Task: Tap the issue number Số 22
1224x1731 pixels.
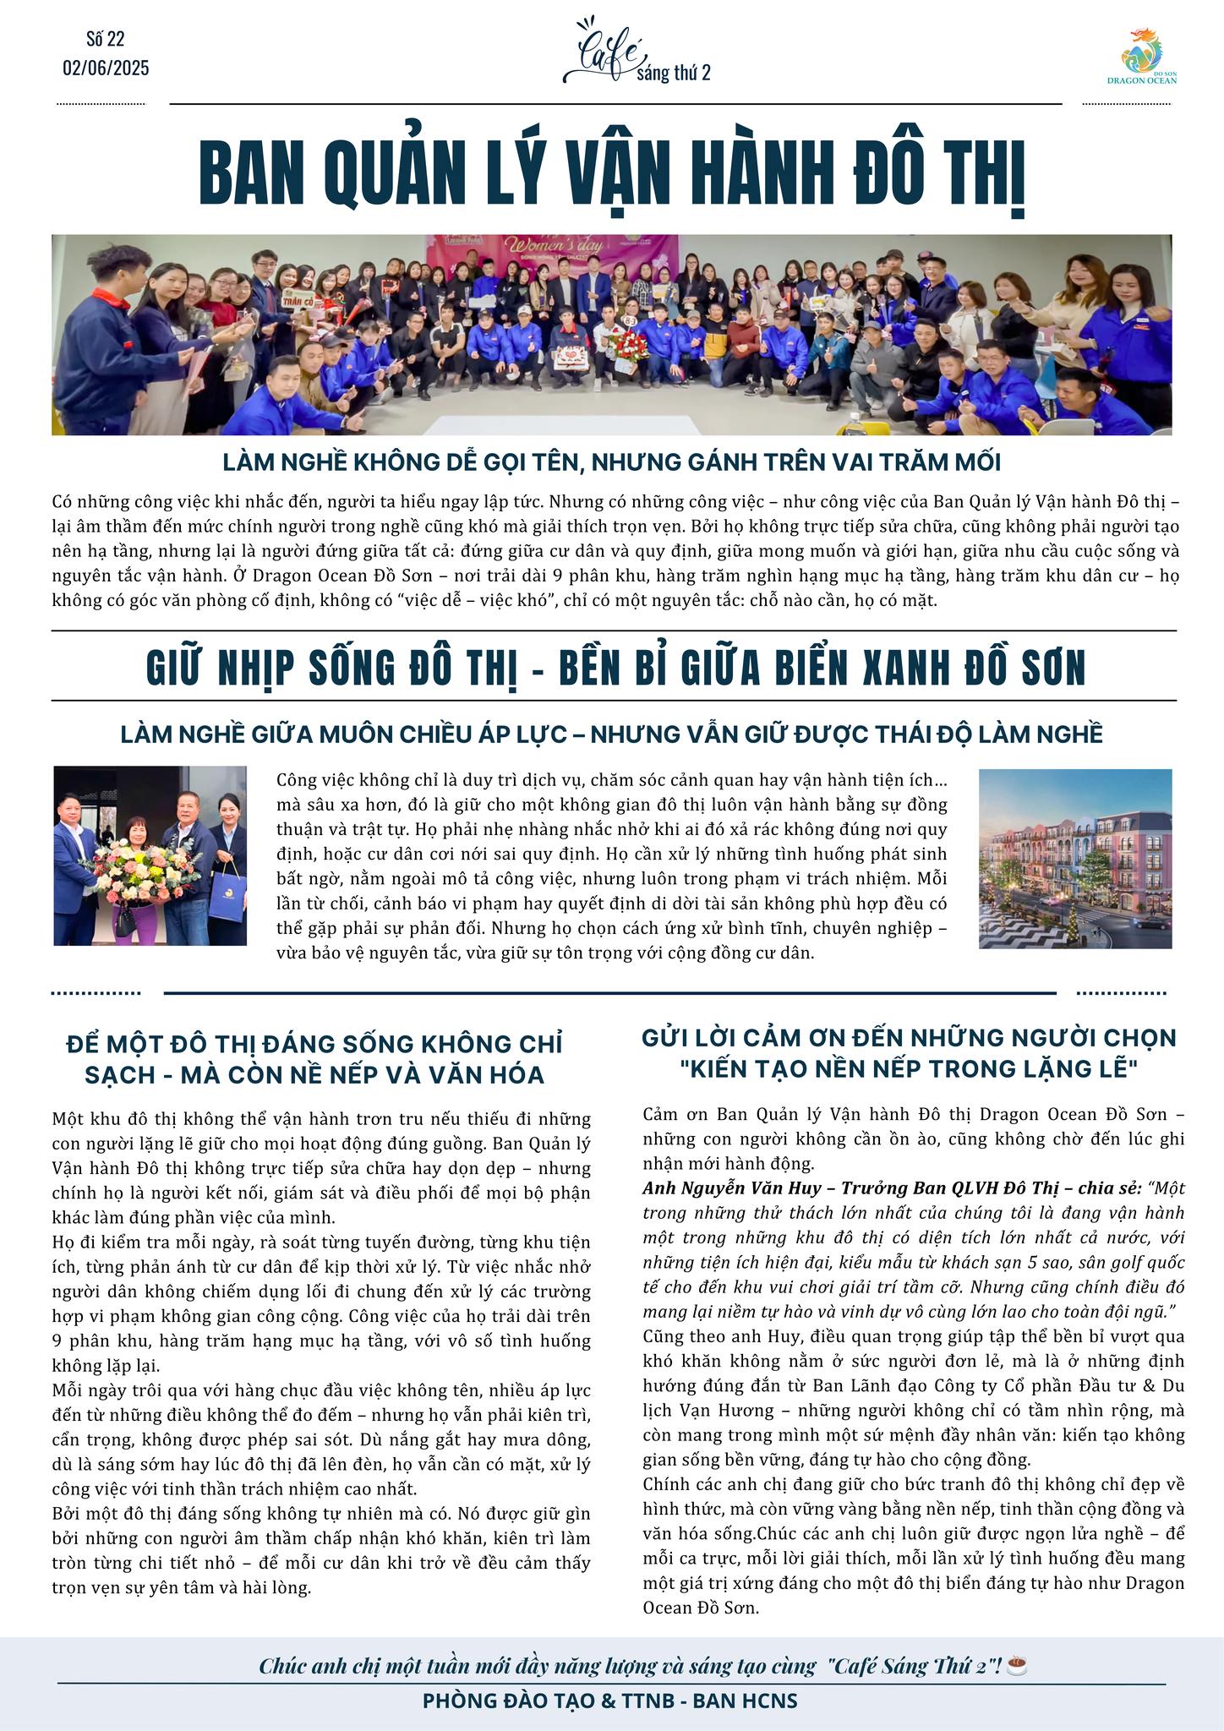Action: tap(106, 39)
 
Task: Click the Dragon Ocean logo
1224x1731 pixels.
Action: tap(1141, 56)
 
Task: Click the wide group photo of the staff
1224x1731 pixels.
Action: tap(611, 335)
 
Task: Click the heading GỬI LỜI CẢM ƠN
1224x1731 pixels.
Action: tap(909, 1037)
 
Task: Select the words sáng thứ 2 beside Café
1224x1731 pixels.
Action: tap(674, 74)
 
